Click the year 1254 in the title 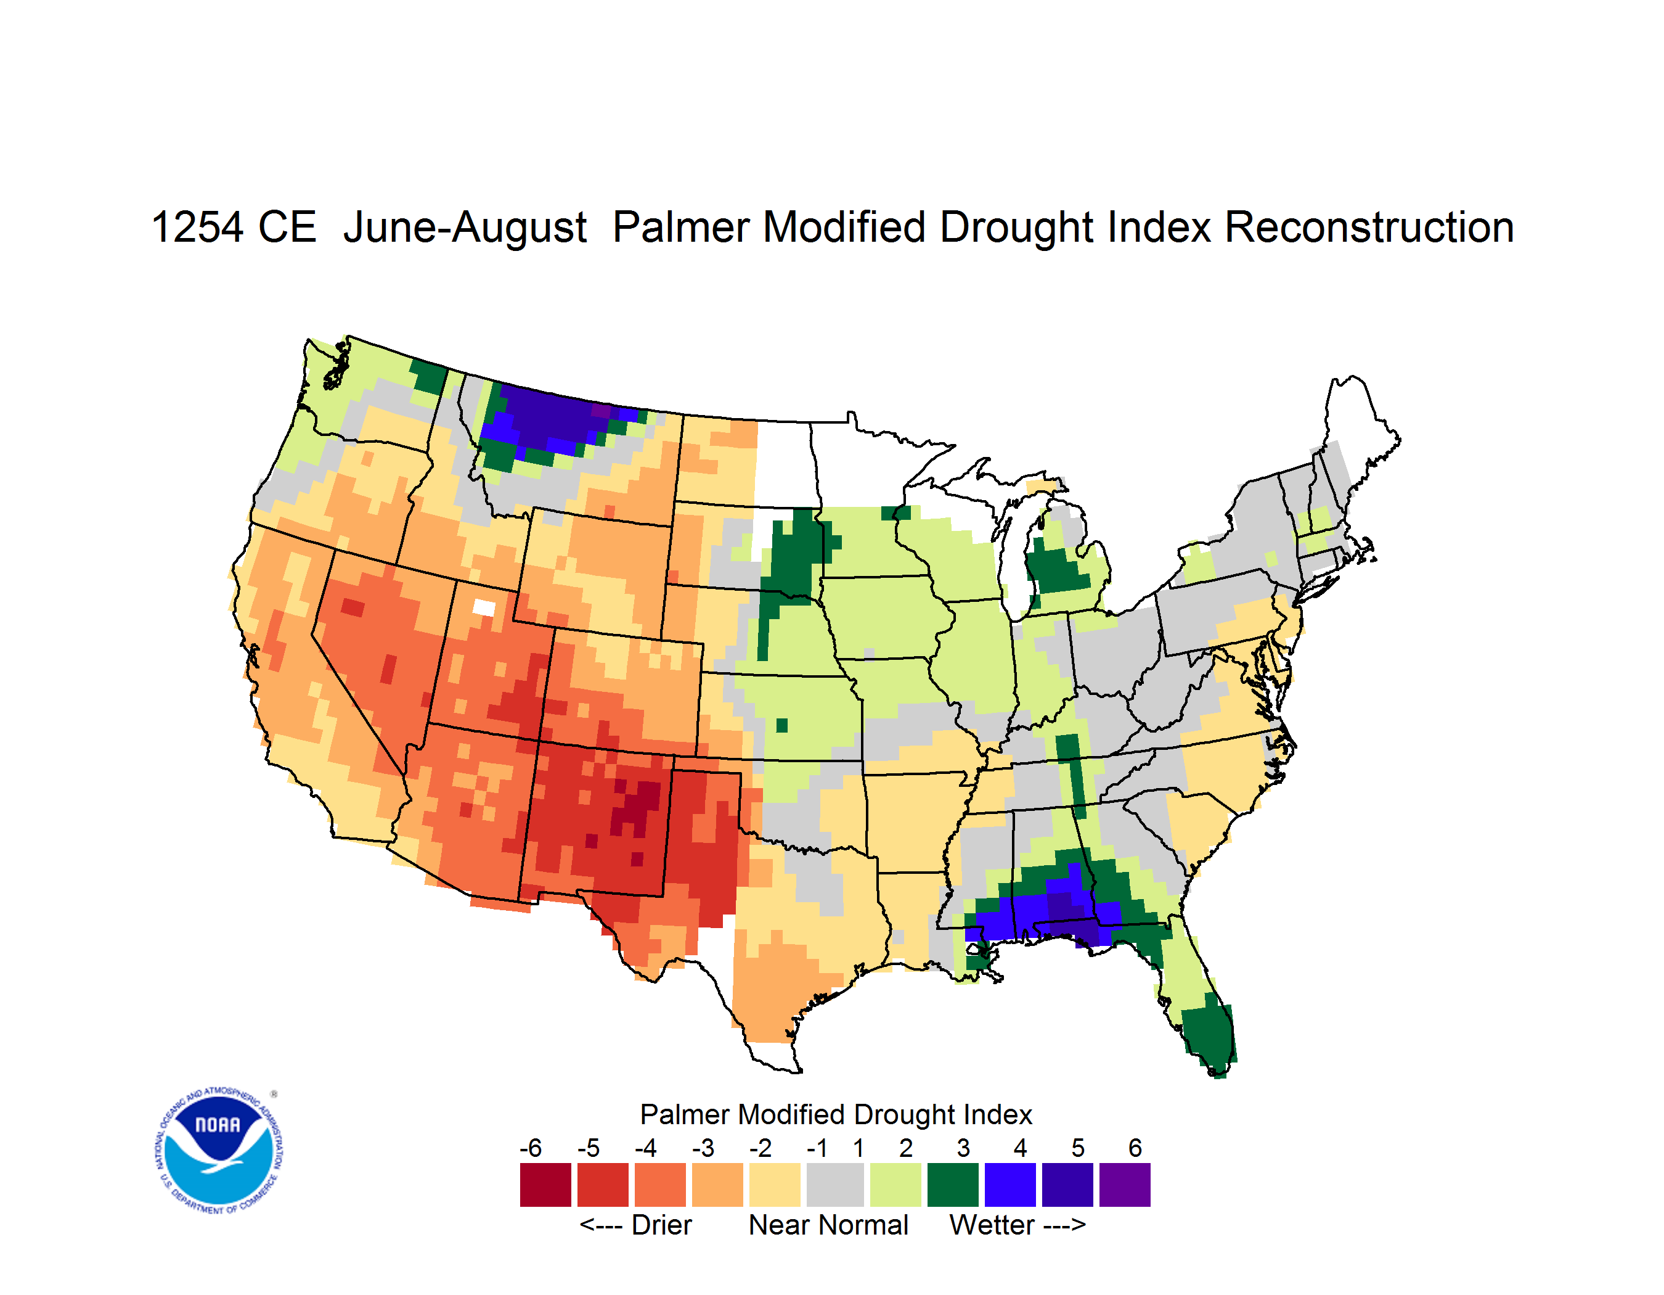197,227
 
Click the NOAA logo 219,1151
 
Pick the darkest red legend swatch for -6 545,1185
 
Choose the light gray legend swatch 835,1185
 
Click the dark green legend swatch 952,1185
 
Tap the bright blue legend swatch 1010,1185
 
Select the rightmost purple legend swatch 1125,1185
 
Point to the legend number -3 703,1147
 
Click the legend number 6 1135,1147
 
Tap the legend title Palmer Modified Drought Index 836,1114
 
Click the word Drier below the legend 661,1225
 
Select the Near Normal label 828,1225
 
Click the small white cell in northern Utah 484,607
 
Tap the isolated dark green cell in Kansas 781,725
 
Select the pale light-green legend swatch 895,1185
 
